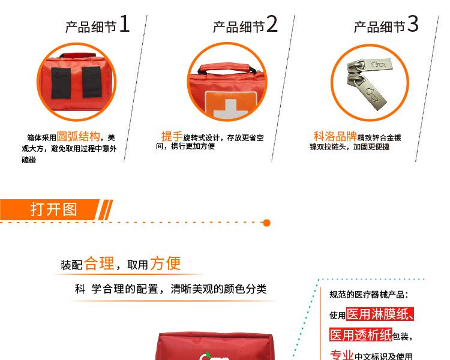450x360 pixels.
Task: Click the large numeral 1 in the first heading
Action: [x=124, y=25]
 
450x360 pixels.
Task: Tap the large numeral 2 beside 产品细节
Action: [x=272, y=25]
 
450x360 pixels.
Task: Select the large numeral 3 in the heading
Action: [x=413, y=25]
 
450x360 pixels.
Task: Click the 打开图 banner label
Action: [x=54, y=209]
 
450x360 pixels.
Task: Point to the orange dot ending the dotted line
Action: [x=267, y=223]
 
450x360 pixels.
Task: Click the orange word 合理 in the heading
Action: [x=99, y=263]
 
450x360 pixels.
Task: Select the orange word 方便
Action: [x=165, y=263]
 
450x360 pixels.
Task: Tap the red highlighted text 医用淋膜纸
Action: [x=380, y=314]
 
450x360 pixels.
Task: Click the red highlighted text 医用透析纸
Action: [x=361, y=335]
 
